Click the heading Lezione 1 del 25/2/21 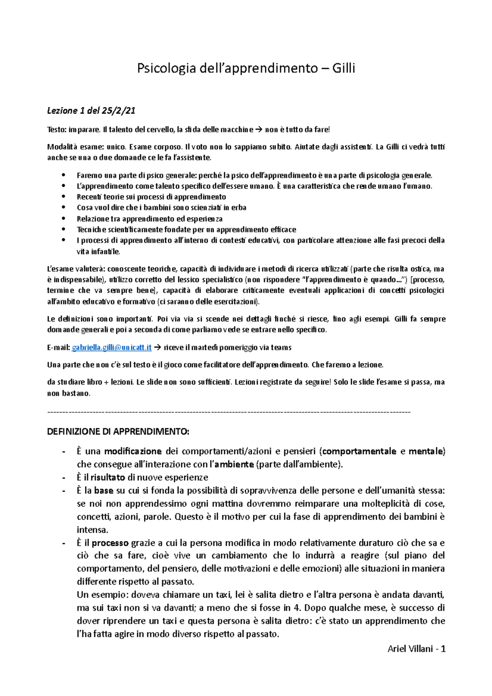(91, 110)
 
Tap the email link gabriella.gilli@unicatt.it (112, 348)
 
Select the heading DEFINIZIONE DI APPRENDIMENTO (118, 432)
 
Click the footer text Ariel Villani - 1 (416, 649)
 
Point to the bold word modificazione (133, 452)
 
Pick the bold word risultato (107, 478)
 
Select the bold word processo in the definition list (110, 543)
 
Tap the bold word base (103, 491)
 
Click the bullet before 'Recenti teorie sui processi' (63, 197)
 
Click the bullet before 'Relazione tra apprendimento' (63, 218)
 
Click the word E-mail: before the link (59, 348)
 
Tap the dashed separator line (229, 412)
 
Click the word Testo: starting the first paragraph (57, 130)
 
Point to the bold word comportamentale (359, 452)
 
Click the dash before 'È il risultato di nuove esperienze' (64, 478)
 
